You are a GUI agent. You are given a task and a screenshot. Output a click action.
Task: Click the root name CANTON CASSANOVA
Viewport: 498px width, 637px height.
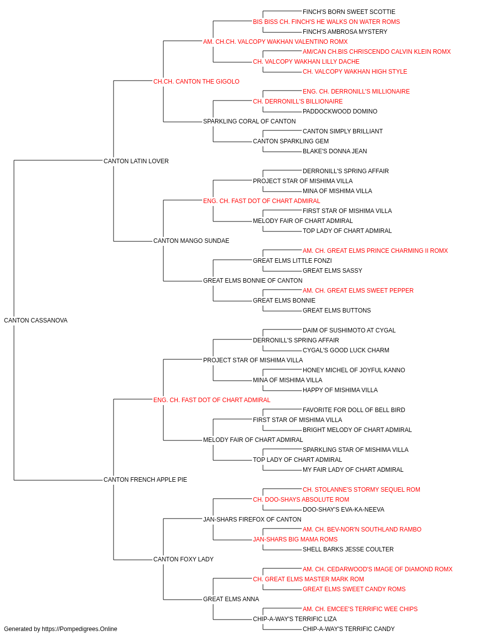[x=36, y=320]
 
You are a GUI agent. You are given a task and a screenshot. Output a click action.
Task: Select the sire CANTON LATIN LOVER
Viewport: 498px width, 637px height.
[x=136, y=161]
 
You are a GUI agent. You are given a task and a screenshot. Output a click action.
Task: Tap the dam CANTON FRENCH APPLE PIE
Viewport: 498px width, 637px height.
[x=145, y=480]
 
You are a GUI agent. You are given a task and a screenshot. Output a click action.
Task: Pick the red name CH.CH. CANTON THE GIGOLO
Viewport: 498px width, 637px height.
[x=196, y=82]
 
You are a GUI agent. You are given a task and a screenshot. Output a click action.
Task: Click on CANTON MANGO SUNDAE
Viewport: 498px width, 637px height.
[x=191, y=241]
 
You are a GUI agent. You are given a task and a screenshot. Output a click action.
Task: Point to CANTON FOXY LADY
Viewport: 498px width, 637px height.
[x=183, y=559]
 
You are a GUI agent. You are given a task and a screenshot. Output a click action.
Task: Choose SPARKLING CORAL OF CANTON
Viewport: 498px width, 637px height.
[x=249, y=121]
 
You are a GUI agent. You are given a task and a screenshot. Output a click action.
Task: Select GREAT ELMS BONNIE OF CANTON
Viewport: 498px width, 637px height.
[x=253, y=281]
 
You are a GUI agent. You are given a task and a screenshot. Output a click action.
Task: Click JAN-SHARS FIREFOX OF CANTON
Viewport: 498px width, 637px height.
[x=252, y=520]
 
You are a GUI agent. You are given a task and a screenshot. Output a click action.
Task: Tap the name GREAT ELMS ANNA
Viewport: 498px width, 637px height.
[x=231, y=599]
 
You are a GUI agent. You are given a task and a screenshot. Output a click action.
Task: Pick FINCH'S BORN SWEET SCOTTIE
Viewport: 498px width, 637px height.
[x=349, y=12]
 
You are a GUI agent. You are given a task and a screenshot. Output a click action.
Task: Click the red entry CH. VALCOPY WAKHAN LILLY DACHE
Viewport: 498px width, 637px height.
[x=306, y=62]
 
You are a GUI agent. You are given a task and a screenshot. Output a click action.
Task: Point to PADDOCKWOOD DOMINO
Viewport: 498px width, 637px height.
[x=340, y=111]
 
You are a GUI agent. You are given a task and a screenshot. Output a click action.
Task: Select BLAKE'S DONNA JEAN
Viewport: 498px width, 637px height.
[x=335, y=151]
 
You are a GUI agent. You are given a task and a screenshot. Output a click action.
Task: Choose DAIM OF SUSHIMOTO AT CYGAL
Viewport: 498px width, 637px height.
[x=349, y=330]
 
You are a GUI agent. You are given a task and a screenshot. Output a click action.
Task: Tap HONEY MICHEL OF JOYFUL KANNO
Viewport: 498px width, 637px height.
[x=354, y=370]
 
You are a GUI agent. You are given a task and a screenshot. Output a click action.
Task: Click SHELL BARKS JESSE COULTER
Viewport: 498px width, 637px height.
[x=348, y=549]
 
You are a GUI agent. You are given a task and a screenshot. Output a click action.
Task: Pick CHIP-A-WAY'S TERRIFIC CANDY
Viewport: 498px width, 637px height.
[x=349, y=629]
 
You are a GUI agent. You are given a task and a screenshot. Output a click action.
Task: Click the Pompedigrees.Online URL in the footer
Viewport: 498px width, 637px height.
[x=80, y=629]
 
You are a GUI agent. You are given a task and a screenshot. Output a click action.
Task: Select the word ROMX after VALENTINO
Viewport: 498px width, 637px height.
[x=339, y=42]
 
